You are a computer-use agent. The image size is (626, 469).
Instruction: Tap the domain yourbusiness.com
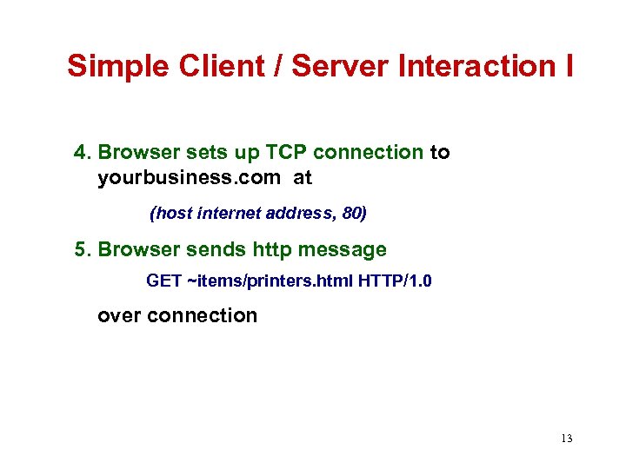click(x=189, y=179)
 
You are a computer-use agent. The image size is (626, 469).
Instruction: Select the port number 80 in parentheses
click(x=355, y=212)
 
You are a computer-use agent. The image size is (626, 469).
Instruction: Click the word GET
click(x=163, y=281)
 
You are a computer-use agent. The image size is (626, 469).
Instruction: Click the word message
click(x=342, y=250)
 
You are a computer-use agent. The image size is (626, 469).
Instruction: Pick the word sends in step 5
click(x=206, y=250)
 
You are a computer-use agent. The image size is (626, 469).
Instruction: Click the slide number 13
click(x=567, y=439)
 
